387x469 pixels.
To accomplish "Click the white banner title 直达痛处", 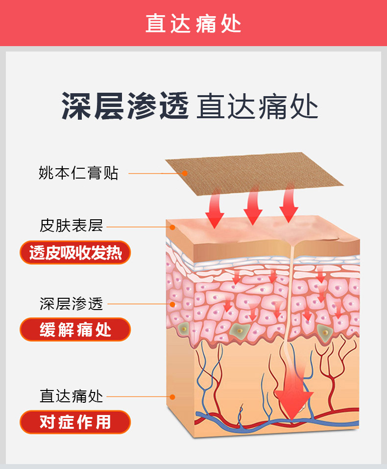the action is tap(193, 23).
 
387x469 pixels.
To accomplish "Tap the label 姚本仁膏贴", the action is tap(78, 173).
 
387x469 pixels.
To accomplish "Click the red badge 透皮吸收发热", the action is tap(75, 253).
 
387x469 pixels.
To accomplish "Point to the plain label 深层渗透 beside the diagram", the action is tap(72, 304).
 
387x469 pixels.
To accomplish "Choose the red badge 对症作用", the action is tap(75, 422).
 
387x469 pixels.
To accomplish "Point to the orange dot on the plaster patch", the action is tap(185, 173).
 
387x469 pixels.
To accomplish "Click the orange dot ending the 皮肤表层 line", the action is tap(172, 227).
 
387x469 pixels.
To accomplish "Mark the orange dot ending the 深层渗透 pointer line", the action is tap(172, 304).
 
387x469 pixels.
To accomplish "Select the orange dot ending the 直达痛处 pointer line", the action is tap(172, 396).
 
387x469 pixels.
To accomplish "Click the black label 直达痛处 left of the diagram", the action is tap(72, 396).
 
